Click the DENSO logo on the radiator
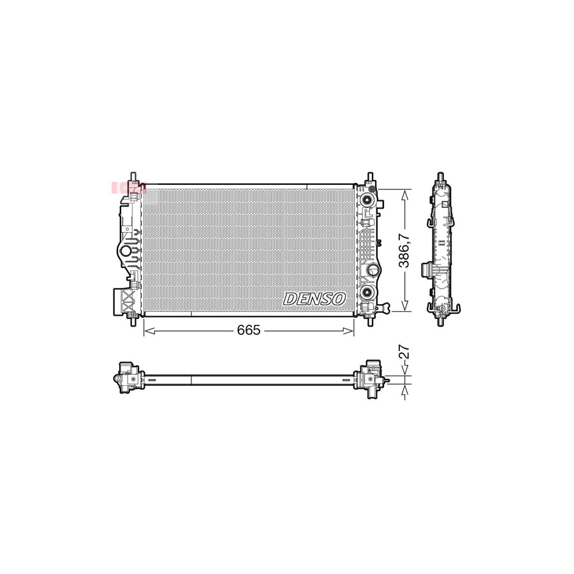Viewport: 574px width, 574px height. (314, 298)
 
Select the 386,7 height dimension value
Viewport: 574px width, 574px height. (403, 251)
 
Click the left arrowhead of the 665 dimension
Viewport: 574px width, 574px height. (147, 330)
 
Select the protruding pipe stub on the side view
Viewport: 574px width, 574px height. (425, 271)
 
